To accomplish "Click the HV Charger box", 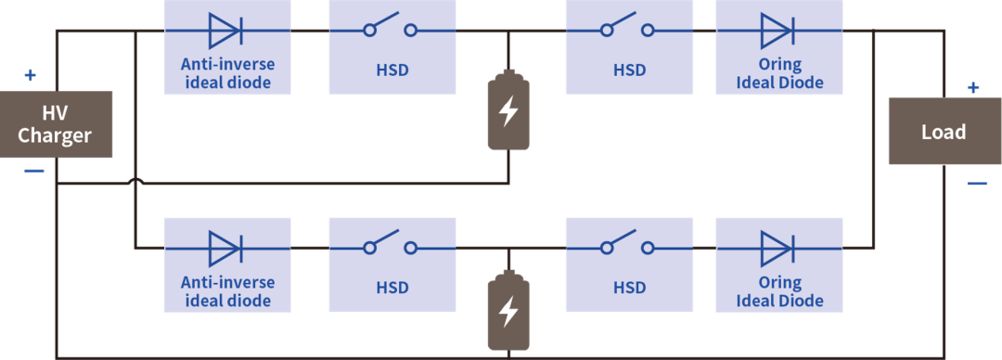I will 56,124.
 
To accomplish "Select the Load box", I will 944,132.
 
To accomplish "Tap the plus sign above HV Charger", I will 30,75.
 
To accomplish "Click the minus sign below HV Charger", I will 32,172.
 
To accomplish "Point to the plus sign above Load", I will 972,88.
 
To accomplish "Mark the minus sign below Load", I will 977,184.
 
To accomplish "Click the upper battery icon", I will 508,111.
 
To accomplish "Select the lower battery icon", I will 508,311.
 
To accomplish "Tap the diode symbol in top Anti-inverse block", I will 225,30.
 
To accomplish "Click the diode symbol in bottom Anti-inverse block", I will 225,248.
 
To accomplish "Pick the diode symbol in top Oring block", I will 777,30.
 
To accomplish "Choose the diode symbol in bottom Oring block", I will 777,248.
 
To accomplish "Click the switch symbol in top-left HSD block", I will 391,27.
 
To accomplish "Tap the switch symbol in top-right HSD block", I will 628,27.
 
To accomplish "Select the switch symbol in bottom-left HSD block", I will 391,245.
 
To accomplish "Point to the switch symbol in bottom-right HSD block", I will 628,245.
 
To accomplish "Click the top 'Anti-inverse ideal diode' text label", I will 227,74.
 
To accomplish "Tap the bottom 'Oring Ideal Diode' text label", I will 779,292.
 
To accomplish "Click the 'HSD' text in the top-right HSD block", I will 629,70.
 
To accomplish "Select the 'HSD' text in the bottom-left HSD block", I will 392,288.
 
